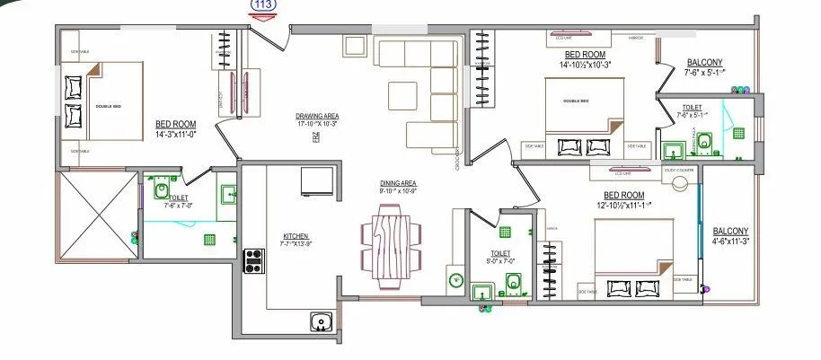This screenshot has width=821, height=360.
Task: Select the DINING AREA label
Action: [399, 187]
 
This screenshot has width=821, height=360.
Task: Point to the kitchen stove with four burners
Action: [254, 260]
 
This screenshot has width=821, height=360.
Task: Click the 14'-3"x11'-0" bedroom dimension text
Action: [176, 135]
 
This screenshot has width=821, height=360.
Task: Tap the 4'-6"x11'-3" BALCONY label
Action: [730, 236]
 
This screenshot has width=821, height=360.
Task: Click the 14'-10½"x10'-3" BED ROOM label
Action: [584, 60]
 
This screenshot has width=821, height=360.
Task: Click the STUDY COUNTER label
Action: [680, 169]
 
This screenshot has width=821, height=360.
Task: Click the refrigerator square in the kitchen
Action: [318, 180]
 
